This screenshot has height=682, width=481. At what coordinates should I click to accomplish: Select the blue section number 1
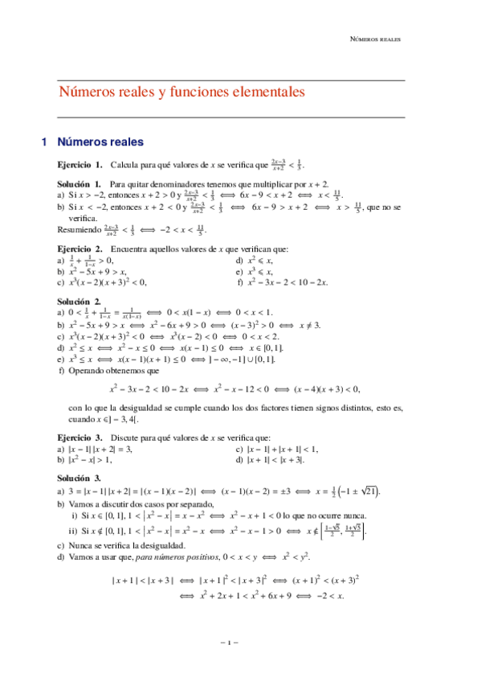tap(44, 142)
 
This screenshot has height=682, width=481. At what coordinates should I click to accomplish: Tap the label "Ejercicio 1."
tap(79, 165)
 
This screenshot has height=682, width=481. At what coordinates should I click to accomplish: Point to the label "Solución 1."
tap(79, 184)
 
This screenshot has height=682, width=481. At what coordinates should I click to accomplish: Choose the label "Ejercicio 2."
tap(79, 249)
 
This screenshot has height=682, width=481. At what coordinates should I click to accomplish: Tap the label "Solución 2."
tap(76, 301)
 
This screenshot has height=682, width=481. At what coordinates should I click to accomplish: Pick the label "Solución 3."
tap(76, 478)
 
